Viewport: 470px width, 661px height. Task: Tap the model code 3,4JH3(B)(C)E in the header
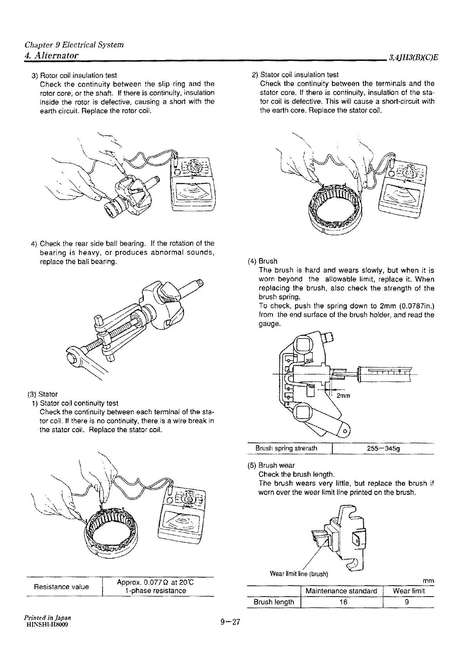click(x=413, y=58)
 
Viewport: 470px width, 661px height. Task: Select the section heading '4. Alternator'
click(x=51, y=55)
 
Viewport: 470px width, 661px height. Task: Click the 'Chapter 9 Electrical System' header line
click(x=74, y=44)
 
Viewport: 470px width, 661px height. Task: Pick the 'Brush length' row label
click(x=274, y=602)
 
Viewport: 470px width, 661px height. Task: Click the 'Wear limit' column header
click(x=408, y=591)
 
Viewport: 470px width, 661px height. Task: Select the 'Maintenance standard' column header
click(x=341, y=591)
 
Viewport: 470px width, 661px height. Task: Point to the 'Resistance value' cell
click(x=61, y=587)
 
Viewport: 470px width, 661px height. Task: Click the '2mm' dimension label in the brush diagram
click(x=343, y=396)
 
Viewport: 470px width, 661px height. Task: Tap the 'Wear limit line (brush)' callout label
click(x=299, y=574)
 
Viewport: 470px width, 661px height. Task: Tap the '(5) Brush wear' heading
click(x=271, y=465)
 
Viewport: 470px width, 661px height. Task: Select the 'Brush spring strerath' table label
click(x=286, y=449)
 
